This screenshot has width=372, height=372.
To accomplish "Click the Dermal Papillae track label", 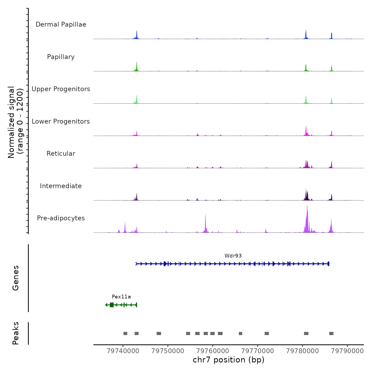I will [61, 24].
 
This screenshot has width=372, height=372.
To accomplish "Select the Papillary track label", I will [61, 57].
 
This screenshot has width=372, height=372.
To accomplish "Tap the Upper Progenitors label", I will [61, 89].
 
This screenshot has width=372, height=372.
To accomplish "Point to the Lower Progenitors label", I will [61, 121].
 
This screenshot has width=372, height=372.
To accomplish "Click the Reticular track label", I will [61, 154].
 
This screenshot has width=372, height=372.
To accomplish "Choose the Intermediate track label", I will [61, 186].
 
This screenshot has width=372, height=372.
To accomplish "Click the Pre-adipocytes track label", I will [61, 218].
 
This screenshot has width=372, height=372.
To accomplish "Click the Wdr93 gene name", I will [233, 256].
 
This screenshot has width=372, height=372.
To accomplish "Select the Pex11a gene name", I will [121, 297].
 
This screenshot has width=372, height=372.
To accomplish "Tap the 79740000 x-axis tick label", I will [123, 351].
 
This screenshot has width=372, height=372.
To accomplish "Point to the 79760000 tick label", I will [213, 351].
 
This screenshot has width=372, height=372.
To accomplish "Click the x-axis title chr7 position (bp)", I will [229, 360].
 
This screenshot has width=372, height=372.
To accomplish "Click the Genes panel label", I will [16, 278].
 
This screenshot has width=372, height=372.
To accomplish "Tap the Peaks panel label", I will [16, 333].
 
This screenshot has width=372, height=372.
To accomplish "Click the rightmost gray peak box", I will [331, 333].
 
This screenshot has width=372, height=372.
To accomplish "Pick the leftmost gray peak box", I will [125, 333].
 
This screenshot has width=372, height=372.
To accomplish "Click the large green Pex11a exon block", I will [112, 305].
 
